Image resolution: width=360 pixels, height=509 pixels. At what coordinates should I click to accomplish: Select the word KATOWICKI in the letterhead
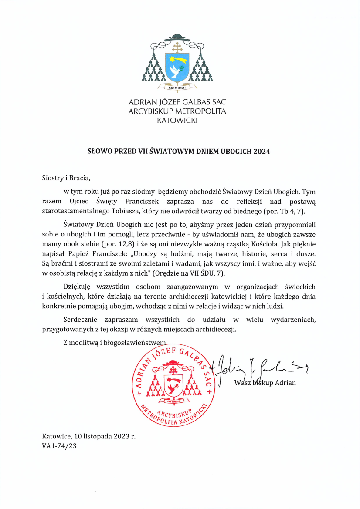177,120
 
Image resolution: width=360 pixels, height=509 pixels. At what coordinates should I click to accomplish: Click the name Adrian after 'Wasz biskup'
285,383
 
